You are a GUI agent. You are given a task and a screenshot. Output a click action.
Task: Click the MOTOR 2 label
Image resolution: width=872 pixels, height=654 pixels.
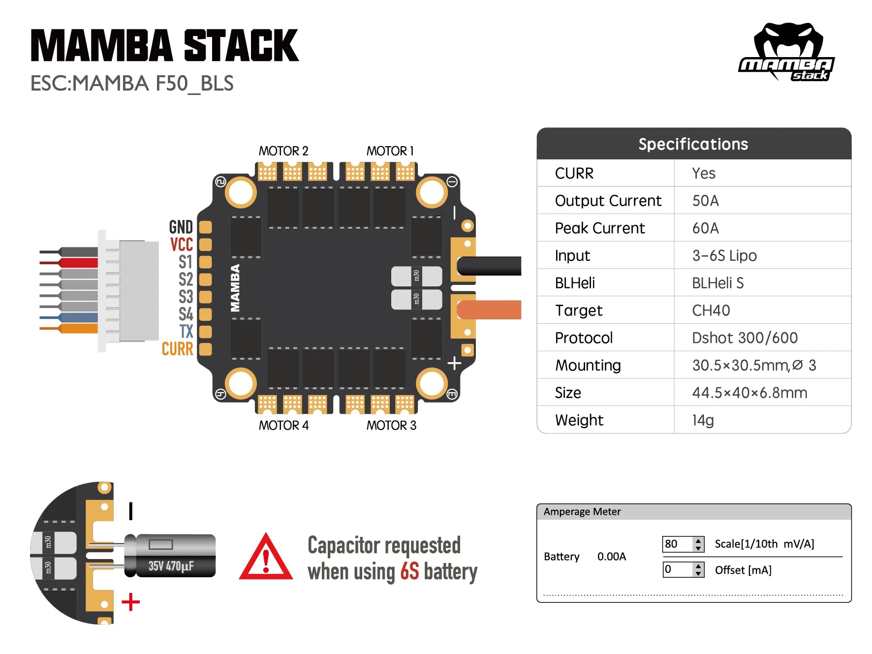tap(283, 151)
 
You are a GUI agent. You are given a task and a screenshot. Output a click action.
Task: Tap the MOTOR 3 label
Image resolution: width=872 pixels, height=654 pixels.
tap(391, 425)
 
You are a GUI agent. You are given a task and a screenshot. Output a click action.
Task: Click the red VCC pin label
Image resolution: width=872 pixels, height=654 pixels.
tap(182, 245)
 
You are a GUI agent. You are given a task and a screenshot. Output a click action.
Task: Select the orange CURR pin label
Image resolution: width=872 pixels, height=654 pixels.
tap(178, 349)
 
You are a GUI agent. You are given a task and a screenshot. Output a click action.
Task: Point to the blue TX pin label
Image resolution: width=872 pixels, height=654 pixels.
tap(186, 331)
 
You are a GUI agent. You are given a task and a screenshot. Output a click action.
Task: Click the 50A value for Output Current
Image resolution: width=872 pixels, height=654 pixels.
tap(705, 201)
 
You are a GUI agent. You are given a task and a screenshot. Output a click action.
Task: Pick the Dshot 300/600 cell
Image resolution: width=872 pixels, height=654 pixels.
tap(745, 338)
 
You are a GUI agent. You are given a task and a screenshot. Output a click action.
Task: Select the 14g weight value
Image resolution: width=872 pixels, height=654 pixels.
tap(703, 420)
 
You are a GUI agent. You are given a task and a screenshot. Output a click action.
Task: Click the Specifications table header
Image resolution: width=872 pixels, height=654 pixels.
tap(693, 144)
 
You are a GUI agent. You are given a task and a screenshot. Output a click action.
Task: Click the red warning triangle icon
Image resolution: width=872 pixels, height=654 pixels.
tap(266, 558)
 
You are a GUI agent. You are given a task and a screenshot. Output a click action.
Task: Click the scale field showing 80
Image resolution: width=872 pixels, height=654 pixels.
tap(677, 544)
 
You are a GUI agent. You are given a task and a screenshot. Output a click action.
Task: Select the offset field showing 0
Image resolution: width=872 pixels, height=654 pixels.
tap(677, 569)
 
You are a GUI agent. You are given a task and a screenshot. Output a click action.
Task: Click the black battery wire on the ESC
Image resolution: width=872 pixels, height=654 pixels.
tap(489, 266)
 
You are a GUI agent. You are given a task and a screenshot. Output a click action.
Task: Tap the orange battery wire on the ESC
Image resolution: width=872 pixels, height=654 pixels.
tap(489, 310)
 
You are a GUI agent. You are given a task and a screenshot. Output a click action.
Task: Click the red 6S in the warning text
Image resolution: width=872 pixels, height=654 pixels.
tap(409, 572)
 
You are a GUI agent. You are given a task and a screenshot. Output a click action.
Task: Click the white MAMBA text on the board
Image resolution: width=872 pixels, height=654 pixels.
tap(235, 288)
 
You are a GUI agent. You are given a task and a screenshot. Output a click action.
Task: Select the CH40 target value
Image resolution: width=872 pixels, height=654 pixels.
tap(711, 311)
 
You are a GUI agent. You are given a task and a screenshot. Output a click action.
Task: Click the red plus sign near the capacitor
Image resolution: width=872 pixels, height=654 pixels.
tap(130, 602)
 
